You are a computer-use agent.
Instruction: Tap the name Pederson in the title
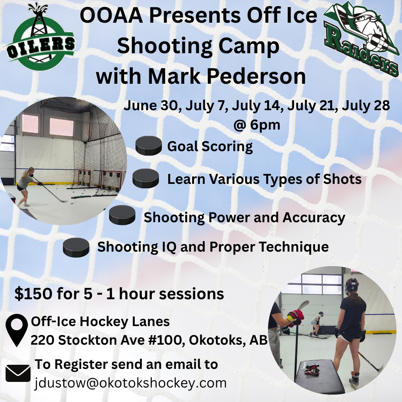tap(256, 76)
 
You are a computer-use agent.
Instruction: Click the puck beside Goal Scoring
tap(149, 146)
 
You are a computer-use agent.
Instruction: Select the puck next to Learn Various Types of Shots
tap(146, 178)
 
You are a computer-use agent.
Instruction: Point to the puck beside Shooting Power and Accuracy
tap(122, 215)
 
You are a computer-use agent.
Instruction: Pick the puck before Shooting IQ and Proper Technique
tap(76, 248)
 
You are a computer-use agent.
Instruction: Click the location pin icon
tap(17, 330)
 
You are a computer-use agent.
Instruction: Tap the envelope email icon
tap(18, 373)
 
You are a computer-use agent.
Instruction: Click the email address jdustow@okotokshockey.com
tap(131, 383)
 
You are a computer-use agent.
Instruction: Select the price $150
tap(33, 294)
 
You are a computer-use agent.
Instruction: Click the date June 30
tap(151, 105)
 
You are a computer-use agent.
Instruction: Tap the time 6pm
tap(265, 125)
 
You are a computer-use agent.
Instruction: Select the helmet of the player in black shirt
tap(351, 285)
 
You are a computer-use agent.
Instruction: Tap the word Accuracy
tap(314, 218)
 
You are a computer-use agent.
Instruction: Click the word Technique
tap(294, 247)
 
